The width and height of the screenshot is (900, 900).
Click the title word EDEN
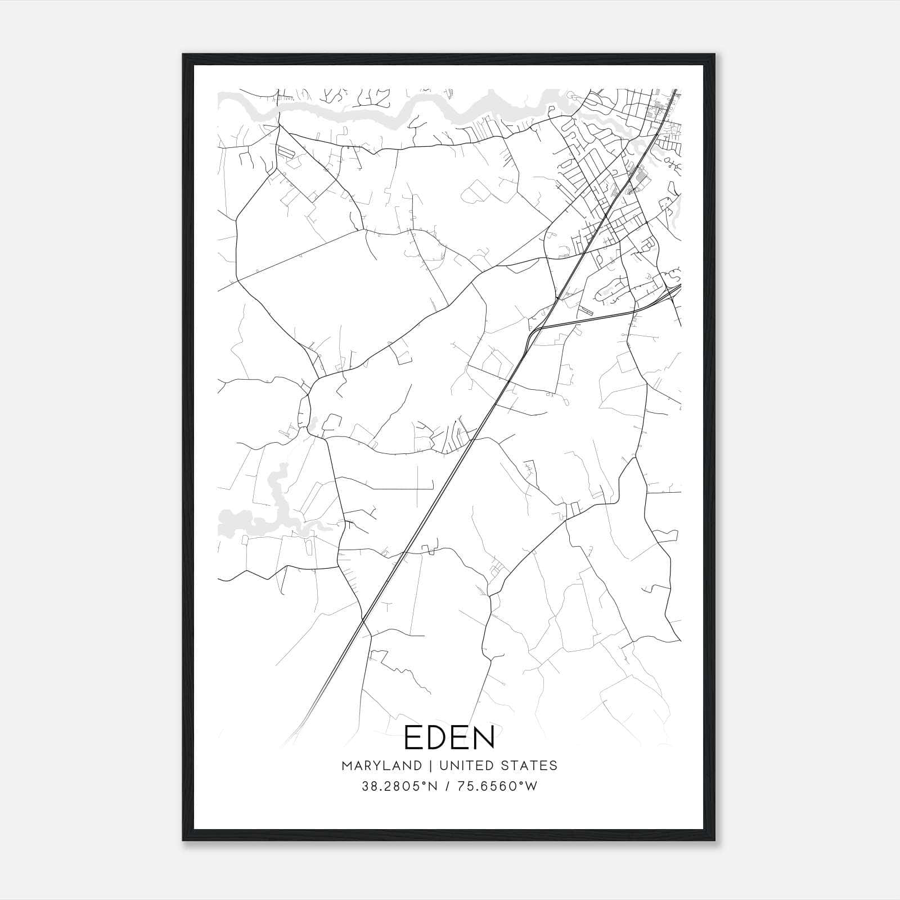coord(449,737)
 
